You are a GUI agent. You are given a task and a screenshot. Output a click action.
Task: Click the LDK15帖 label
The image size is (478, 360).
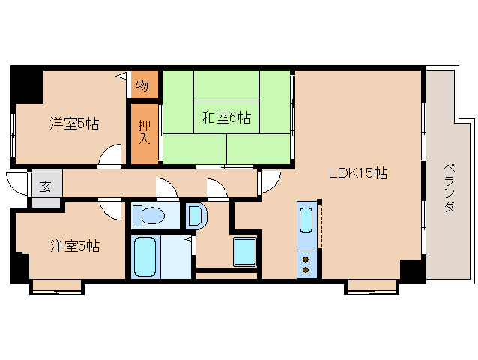357,173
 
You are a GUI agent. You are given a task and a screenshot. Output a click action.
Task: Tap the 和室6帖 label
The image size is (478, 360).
226,117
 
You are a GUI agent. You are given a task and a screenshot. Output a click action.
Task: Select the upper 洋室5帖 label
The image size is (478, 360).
74,124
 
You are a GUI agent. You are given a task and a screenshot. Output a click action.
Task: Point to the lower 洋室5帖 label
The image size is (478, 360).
75,245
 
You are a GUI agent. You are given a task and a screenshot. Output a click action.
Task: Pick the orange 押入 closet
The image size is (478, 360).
145,132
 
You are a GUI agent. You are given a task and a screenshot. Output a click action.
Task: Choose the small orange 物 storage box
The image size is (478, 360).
143,85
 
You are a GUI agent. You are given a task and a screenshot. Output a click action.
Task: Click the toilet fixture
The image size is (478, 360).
149,216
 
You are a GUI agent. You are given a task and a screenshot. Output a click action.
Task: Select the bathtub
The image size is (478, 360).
143,256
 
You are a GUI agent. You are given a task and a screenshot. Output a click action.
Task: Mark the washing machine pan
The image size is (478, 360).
244,251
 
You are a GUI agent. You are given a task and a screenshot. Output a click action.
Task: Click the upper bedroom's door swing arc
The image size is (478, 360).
109,155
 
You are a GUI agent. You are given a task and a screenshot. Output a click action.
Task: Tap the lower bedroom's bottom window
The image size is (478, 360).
57,285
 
